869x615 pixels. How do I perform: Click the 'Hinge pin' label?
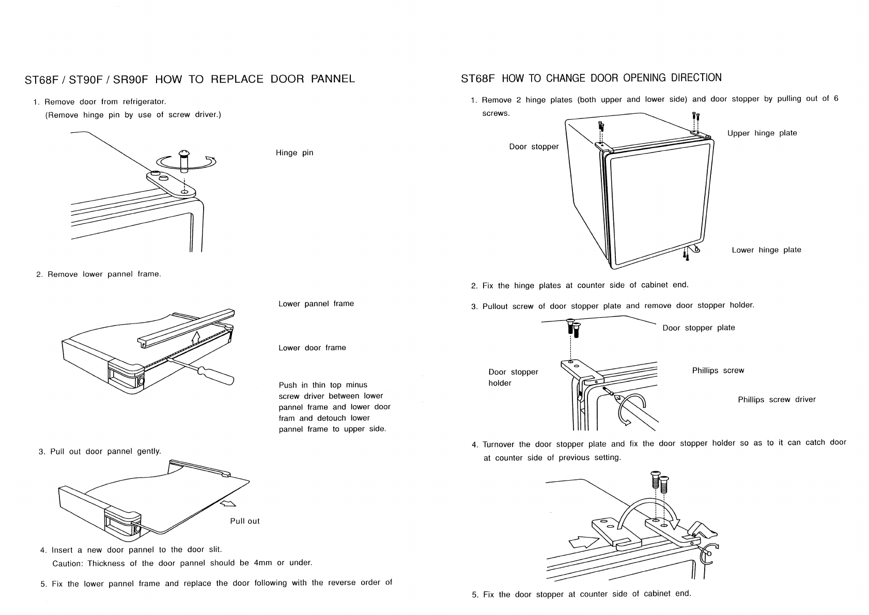point(294,153)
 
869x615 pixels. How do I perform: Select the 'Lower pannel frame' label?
point(316,304)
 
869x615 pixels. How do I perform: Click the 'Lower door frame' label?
point(312,348)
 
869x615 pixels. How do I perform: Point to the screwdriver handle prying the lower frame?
point(216,375)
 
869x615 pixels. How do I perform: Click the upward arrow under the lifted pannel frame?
point(196,337)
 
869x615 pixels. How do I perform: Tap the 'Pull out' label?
point(245,521)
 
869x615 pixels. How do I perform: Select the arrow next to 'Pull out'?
point(228,503)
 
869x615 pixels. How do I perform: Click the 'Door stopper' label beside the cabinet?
point(534,147)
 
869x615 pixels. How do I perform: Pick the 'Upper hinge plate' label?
point(763,133)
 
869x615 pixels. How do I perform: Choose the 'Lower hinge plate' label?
point(767,250)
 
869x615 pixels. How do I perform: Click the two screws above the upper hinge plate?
point(696,116)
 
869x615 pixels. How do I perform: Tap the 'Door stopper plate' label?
point(699,328)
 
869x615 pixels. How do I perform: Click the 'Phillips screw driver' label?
point(777,399)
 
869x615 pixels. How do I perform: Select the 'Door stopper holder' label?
point(513,378)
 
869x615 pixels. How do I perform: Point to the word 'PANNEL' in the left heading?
point(333,79)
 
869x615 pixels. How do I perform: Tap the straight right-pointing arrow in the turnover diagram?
point(584,542)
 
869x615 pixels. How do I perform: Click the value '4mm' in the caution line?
point(263,563)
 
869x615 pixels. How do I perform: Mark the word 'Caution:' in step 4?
point(68,563)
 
